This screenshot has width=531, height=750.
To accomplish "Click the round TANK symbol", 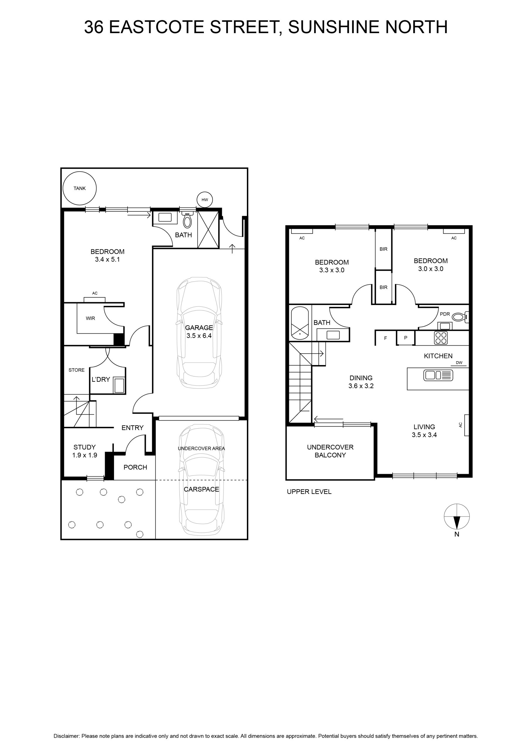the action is tap(79, 188).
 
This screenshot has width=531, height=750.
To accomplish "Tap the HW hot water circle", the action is tap(205, 200).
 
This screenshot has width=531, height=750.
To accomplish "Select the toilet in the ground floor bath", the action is tap(187, 220).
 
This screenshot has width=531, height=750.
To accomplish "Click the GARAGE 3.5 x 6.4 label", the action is tap(199, 332).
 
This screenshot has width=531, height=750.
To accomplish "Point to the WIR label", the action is tap(91, 318).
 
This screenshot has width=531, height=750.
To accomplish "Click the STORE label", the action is tap(77, 370).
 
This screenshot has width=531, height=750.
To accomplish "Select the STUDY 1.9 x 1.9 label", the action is tap(85, 451).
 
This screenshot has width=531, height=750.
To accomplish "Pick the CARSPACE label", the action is tap(201, 489).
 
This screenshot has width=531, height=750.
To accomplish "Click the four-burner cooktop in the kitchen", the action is tap(441, 338).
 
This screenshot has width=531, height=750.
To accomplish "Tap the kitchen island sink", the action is tap(438, 375).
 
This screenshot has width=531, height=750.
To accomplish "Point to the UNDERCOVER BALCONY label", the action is tap(330, 451).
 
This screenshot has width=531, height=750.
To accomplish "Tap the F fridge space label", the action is tap(386, 338).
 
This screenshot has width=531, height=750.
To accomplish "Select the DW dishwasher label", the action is tap(459, 363).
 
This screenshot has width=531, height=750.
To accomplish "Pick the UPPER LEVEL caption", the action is tap(309, 492).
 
